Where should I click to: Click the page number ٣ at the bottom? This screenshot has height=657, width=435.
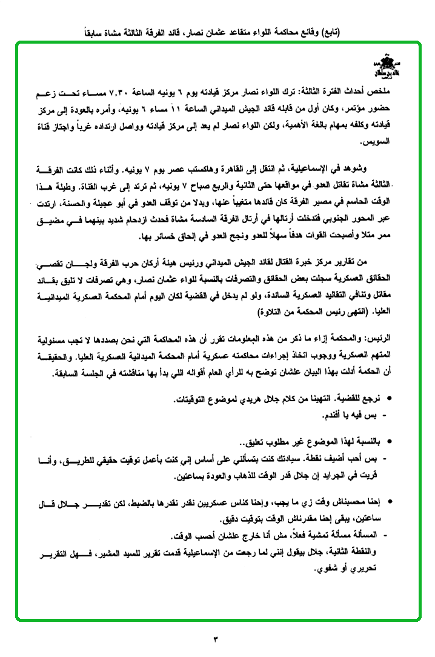pos(217,638)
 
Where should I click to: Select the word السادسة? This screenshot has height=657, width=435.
pos(208,219)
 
